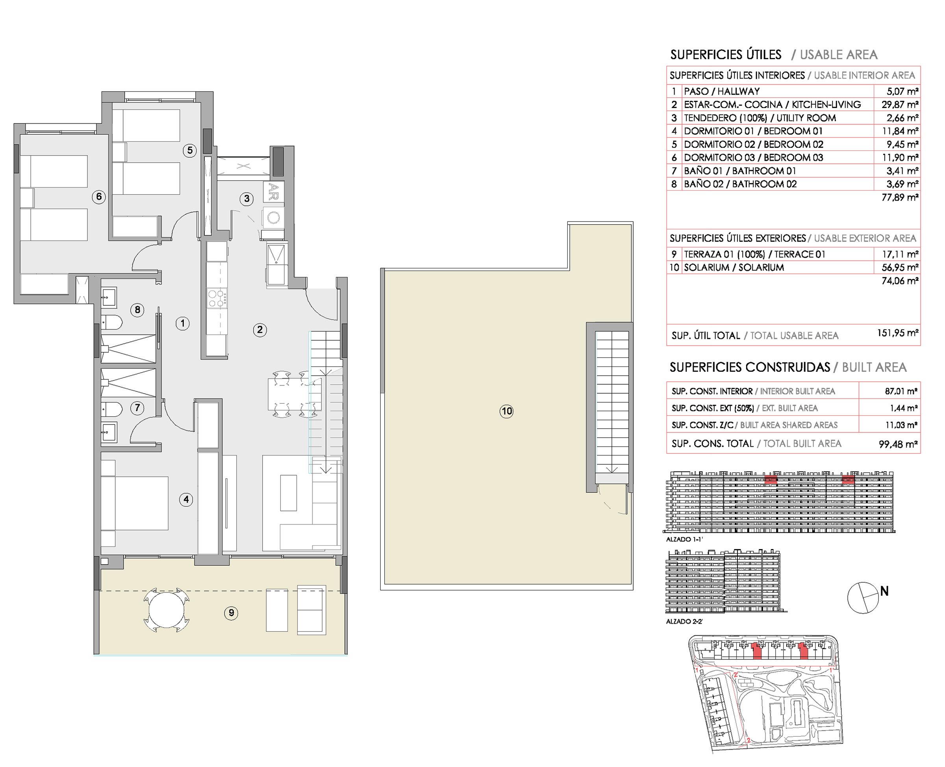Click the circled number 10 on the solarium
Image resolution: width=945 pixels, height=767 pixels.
pyautogui.click(x=506, y=411)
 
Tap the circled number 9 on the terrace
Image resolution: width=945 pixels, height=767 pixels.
pyautogui.click(x=231, y=613)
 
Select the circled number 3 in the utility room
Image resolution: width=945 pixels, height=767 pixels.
pyautogui.click(x=246, y=199)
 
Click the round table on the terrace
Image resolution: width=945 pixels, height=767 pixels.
pyautogui.click(x=167, y=610)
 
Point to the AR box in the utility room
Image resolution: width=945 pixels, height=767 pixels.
pyautogui.click(x=273, y=192)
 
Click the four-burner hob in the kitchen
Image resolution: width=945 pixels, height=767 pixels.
pyautogui.click(x=217, y=298)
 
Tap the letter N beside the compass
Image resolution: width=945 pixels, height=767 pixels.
pyautogui.click(x=884, y=591)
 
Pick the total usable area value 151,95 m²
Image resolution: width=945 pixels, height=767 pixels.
pyautogui.click(x=897, y=333)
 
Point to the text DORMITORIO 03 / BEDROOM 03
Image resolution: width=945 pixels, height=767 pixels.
pyautogui.click(x=753, y=158)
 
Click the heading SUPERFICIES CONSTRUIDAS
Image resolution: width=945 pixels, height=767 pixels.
pyautogui.click(x=749, y=368)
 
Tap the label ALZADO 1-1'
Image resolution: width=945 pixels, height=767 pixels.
pyautogui.click(x=684, y=539)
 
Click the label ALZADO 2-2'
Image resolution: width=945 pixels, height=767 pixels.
pyautogui.click(x=684, y=622)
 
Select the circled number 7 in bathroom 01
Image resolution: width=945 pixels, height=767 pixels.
pyautogui.click(x=137, y=407)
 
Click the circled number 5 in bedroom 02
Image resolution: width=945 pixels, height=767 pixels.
pyautogui.click(x=189, y=150)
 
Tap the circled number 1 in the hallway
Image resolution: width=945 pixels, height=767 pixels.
pyautogui.click(x=182, y=323)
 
